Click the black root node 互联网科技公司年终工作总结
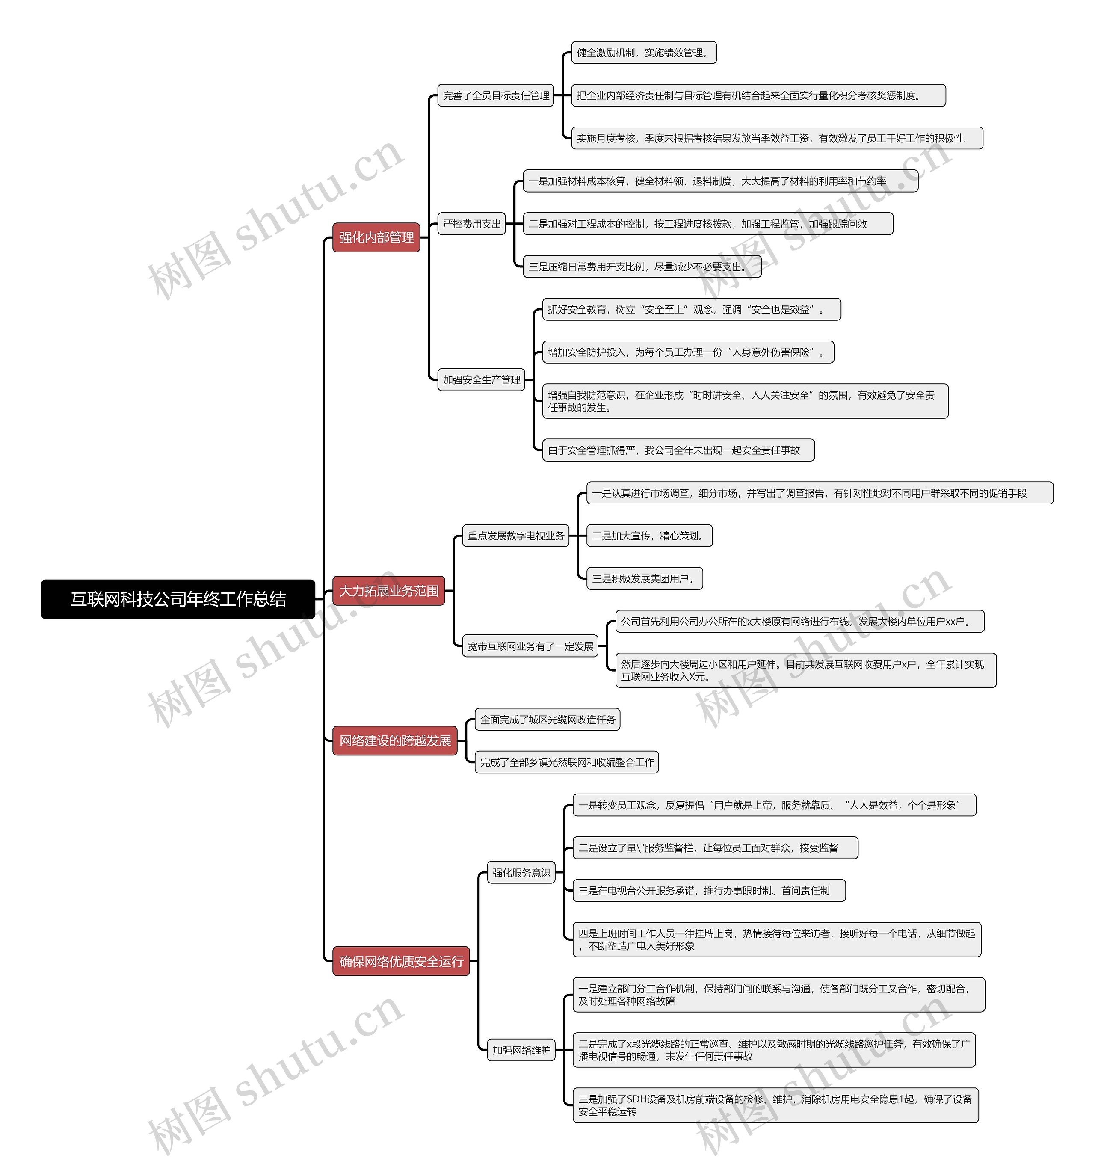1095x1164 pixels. tap(178, 599)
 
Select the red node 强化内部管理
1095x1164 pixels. tap(376, 237)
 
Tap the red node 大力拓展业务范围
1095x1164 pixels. tap(389, 591)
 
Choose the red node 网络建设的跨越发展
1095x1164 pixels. tap(395, 740)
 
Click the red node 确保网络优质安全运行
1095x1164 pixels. tap(401, 961)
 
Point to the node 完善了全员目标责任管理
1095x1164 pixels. tap(496, 95)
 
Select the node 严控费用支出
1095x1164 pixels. tap(472, 224)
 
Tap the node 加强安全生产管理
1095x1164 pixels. tap(481, 379)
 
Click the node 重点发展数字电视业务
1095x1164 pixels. tap(516, 536)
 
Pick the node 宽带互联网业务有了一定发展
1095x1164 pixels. tap(530, 646)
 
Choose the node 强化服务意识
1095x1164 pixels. tap(521, 872)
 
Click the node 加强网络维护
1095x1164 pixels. tap(521, 1050)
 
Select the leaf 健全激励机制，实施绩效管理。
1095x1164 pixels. tap(644, 53)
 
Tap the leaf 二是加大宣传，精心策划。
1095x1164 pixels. tap(649, 536)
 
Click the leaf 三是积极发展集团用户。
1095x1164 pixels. tap(645, 578)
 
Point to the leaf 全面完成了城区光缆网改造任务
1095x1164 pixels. tap(547, 720)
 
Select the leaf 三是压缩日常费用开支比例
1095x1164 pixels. tap(642, 267)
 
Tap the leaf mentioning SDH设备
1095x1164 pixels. tap(775, 1105)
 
